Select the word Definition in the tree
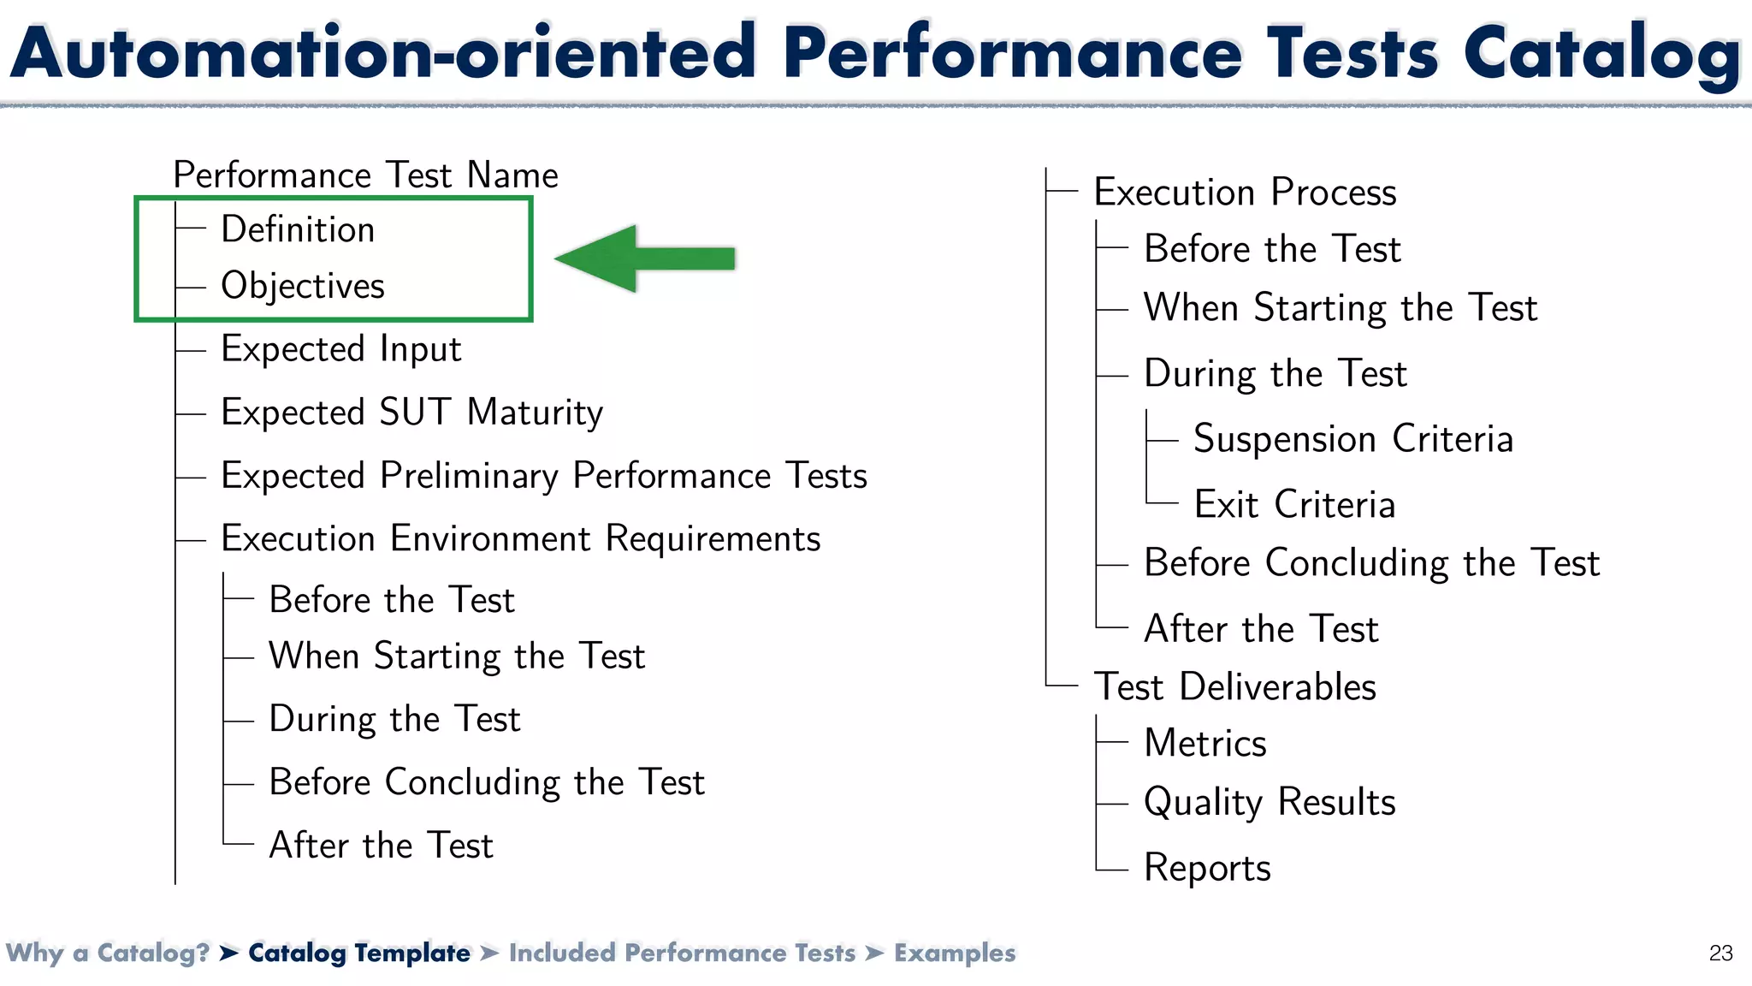point(298,229)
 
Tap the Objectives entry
point(303,286)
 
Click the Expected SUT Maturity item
point(411,413)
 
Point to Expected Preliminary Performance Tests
point(543,476)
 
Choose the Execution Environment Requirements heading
point(520,539)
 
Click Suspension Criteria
point(1352,439)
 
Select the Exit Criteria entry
point(1293,504)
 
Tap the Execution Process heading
point(1245,192)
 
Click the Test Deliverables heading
point(1234,686)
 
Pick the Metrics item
point(1204,743)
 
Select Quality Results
point(1270,802)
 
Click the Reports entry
point(1207,868)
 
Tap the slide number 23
point(1720,953)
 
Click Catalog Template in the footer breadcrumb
point(358,953)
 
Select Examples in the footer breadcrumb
point(955,953)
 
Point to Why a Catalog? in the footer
point(108,953)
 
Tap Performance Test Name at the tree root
point(365,175)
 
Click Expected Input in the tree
point(340,349)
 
